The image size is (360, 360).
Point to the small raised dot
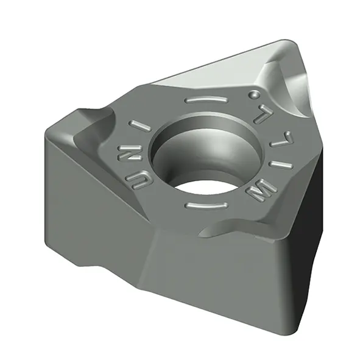254,94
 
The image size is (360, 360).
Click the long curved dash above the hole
206,100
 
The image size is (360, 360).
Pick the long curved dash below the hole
206,205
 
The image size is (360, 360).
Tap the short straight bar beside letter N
141,126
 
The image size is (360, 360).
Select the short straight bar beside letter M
281,165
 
